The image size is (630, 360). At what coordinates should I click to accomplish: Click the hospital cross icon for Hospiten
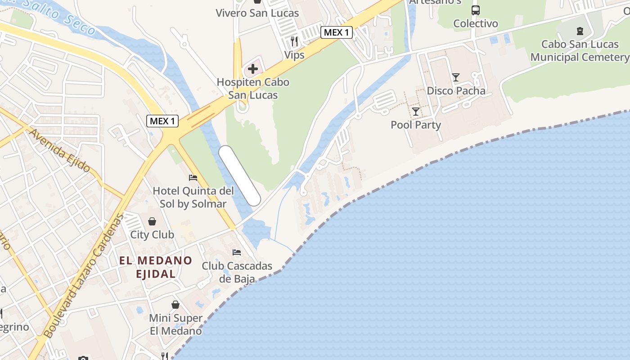[x=253, y=69]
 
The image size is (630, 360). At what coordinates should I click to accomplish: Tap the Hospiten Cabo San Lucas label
[x=253, y=89]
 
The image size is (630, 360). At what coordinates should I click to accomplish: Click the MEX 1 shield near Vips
[x=337, y=32]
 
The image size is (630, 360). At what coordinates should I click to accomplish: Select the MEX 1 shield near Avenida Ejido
[x=162, y=121]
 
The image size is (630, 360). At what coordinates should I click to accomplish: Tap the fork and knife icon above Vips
[x=294, y=41]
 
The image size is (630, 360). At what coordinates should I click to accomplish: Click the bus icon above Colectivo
[x=476, y=10]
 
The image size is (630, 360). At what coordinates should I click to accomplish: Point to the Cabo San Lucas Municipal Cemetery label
[x=580, y=51]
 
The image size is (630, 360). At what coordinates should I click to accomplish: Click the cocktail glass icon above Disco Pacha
[x=456, y=77]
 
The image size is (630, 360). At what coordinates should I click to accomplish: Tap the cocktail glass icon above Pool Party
[x=416, y=111]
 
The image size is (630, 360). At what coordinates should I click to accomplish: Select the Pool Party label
[x=416, y=125]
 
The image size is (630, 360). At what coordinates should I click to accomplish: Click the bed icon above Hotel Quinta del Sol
[x=193, y=177]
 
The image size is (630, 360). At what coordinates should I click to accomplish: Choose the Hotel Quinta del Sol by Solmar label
[x=193, y=197]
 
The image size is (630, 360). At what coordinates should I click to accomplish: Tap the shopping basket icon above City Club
[x=152, y=221]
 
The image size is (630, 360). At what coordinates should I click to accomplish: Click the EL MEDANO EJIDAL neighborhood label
[x=155, y=267]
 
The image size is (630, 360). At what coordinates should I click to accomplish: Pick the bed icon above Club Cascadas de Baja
[x=237, y=252]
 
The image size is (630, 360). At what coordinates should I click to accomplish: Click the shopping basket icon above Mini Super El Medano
[x=175, y=305]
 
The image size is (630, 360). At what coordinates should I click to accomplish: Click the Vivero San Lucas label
[x=257, y=13]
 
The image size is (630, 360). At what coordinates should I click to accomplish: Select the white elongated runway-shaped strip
[x=240, y=176]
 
